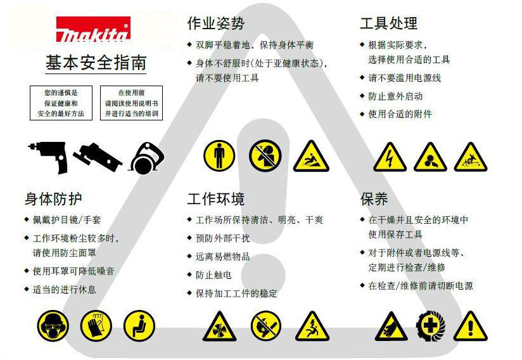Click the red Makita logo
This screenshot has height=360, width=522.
pyautogui.click(x=93, y=30)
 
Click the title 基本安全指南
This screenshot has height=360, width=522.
pyautogui.click(x=96, y=62)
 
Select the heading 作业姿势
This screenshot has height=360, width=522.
pyautogui.click(x=215, y=23)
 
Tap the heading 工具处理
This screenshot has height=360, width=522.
pyautogui.click(x=388, y=23)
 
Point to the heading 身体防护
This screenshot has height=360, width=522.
pyautogui.click(x=53, y=199)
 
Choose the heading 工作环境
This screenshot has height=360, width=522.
pyautogui.click(x=215, y=199)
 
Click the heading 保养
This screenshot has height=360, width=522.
pyautogui.click(x=374, y=199)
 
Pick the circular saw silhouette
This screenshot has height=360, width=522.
pyautogui.click(x=148, y=157)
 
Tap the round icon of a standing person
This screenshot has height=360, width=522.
pyautogui.click(x=219, y=155)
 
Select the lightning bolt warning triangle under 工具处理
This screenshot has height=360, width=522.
pyautogui.click(x=390, y=157)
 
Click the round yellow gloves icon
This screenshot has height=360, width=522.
pyautogui.click(x=96, y=325)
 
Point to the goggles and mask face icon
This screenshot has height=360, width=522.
pyautogui.click(x=53, y=325)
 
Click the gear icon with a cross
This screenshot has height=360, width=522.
pyautogui.click(x=431, y=326)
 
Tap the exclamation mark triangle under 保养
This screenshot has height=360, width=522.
pyautogui.click(x=470, y=326)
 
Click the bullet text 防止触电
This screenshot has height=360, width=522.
pyautogui.click(x=213, y=275)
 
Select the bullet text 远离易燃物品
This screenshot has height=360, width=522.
pyautogui.click(x=222, y=257)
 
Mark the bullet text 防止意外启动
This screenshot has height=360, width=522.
pyautogui.click(x=395, y=96)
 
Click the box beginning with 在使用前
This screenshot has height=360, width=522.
pyautogui.click(x=131, y=103)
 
